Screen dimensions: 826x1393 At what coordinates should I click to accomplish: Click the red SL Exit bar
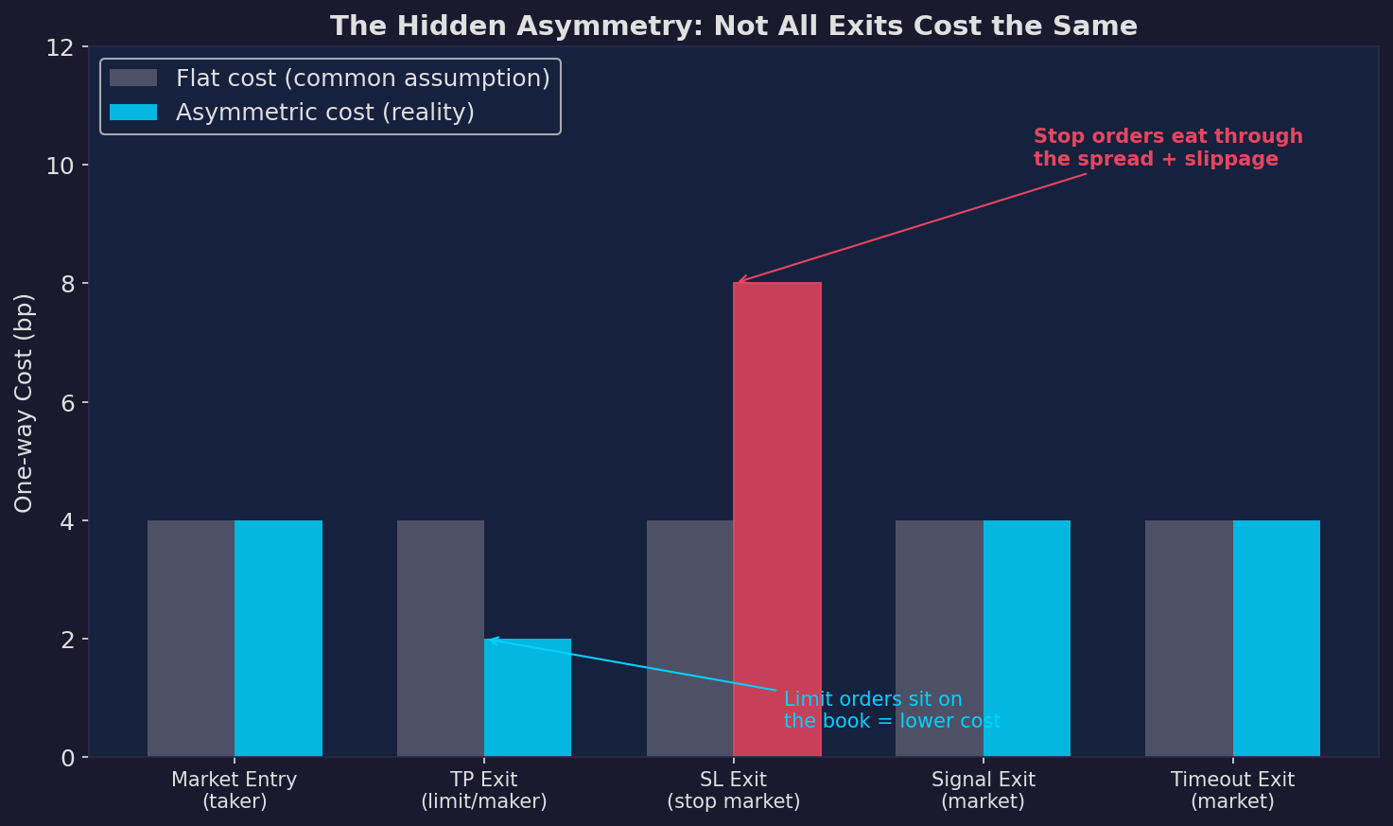coord(777,519)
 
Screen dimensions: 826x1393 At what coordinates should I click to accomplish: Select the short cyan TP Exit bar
coord(528,697)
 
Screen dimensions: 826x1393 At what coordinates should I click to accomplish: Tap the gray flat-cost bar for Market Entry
coord(191,639)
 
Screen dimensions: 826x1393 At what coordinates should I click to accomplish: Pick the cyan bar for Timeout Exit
coord(1276,639)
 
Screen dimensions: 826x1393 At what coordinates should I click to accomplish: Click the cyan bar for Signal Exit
coord(1026,639)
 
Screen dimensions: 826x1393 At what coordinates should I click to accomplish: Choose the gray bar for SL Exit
coord(689,639)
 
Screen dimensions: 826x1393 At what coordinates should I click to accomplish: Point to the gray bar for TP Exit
coord(441,639)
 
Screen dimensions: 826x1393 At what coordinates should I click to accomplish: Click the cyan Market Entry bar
coord(278,639)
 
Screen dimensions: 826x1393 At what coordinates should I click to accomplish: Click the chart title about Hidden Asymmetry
coord(733,26)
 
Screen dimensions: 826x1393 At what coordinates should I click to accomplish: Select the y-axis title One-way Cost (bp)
coord(24,402)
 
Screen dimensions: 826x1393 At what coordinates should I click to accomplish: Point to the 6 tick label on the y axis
coord(67,402)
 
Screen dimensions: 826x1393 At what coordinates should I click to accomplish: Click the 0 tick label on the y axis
coord(67,758)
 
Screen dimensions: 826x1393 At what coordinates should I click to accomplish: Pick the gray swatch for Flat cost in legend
coord(133,79)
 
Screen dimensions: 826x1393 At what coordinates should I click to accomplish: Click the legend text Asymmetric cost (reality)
coord(324,113)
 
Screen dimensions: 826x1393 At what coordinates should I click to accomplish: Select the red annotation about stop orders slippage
coord(1167,148)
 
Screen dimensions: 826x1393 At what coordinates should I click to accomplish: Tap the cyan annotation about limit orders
coord(891,710)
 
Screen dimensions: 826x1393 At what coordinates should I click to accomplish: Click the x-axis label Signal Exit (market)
coord(983,790)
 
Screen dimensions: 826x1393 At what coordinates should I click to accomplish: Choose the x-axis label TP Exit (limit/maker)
coord(483,790)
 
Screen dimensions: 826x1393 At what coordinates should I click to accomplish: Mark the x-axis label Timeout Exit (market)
coord(1231,790)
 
